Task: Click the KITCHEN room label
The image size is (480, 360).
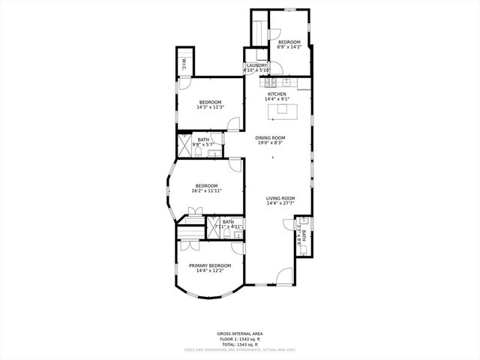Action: (x=276, y=94)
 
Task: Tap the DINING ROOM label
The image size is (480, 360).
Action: (x=270, y=138)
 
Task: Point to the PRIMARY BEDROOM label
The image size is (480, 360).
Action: (x=210, y=265)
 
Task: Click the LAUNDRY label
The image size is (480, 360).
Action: (x=256, y=65)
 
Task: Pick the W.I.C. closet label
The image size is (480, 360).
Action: (x=184, y=64)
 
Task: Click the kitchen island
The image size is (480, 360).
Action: (x=282, y=109)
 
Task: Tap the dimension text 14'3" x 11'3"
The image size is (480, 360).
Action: (x=210, y=107)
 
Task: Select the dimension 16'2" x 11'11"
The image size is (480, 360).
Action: (x=207, y=191)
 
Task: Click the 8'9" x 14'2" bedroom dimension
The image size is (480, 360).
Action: (x=289, y=47)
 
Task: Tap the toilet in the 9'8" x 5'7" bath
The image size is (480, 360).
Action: (x=196, y=152)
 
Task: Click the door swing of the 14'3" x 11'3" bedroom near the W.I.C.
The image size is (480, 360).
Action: (x=182, y=85)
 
